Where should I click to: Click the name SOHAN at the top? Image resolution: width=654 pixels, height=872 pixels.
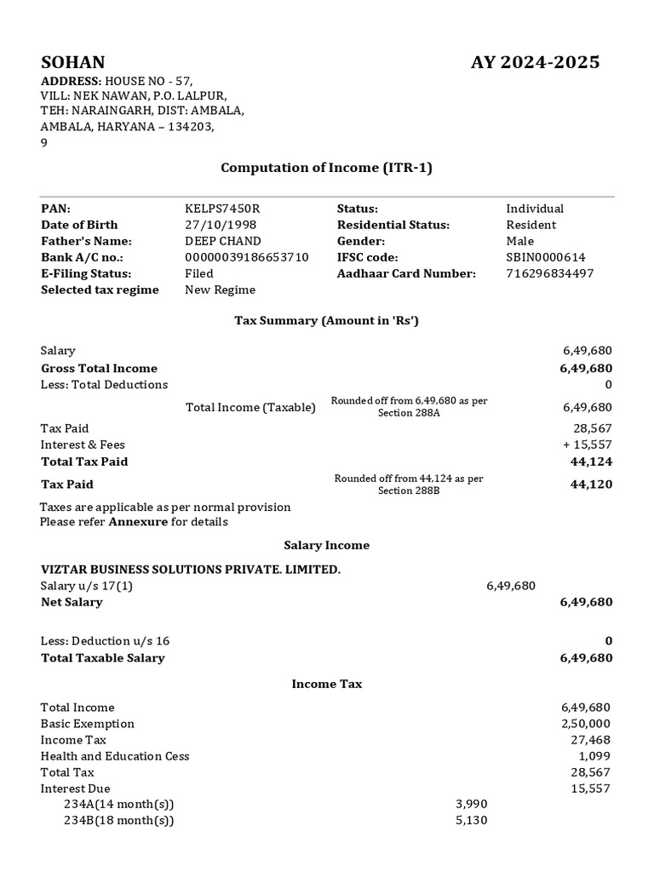click(x=73, y=62)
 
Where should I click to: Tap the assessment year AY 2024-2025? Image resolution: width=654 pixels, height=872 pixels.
click(x=535, y=62)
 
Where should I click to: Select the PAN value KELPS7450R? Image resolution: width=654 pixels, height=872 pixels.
click(x=221, y=209)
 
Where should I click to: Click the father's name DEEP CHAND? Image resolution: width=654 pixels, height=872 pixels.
click(x=223, y=241)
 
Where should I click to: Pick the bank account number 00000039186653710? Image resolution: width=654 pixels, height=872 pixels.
click(x=247, y=257)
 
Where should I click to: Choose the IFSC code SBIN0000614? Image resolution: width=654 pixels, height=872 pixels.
click(x=546, y=257)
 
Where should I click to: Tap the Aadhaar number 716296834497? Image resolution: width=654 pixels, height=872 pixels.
click(x=550, y=273)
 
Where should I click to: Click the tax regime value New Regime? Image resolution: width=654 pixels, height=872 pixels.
click(x=220, y=290)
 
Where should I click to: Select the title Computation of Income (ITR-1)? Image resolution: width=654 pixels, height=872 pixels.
click(x=327, y=168)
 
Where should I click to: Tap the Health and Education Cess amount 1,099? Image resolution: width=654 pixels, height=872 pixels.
click(x=595, y=756)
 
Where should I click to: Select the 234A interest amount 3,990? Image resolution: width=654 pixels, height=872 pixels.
click(x=472, y=805)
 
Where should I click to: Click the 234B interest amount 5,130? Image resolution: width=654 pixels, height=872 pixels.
click(x=472, y=821)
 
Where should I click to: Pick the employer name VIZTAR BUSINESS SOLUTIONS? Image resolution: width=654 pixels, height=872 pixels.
click(x=191, y=569)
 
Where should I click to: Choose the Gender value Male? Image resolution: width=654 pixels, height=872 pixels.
click(x=520, y=241)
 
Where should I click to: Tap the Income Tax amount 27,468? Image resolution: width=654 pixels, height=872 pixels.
click(x=591, y=740)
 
